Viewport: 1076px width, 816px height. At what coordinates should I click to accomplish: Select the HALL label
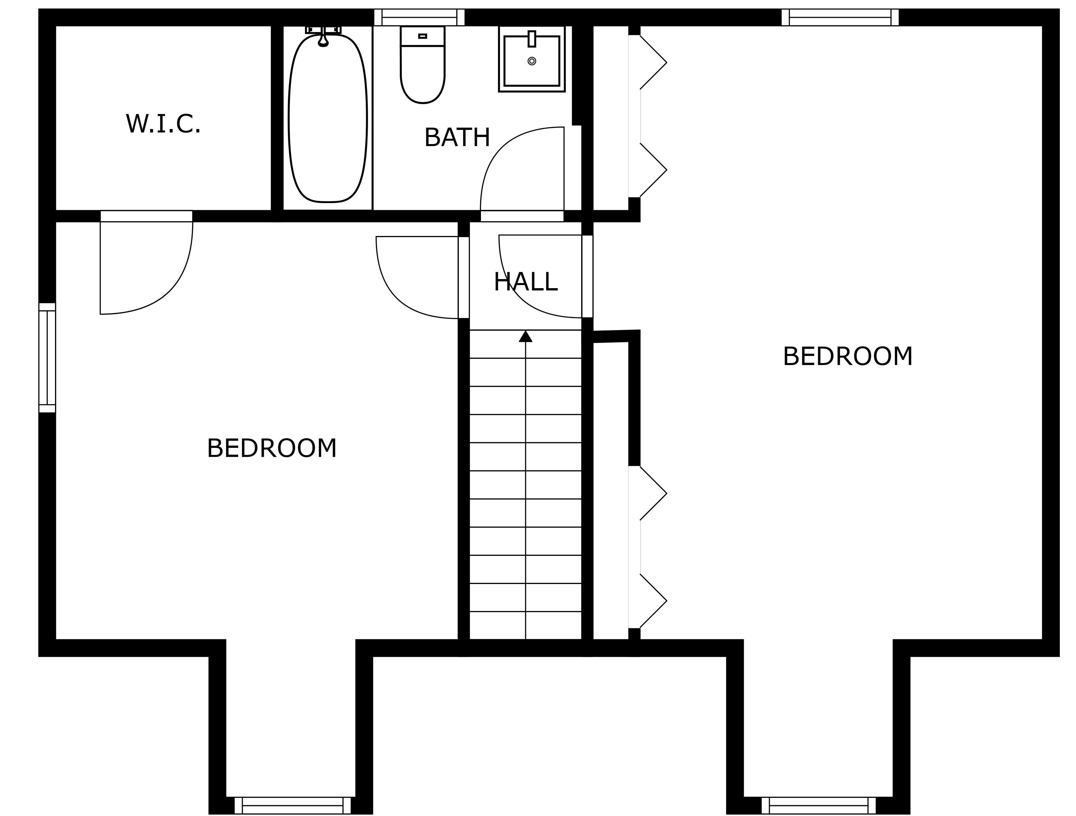click(x=525, y=282)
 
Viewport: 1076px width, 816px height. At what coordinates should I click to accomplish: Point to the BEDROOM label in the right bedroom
click(x=847, y=357)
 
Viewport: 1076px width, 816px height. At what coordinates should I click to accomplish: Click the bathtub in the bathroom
click(x=327, y=118)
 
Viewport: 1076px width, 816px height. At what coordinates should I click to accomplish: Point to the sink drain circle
click(x=532, y=61)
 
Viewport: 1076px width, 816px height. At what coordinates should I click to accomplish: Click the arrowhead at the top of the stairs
click(x=525, y=336)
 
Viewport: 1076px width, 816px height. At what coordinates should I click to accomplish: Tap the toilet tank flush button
click(x=423, y=36)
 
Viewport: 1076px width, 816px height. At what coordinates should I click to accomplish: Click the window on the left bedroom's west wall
click(x=47, y=358)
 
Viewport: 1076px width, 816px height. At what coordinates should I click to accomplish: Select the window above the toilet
click(x=419, y=18)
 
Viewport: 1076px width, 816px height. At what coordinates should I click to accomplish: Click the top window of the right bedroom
click(x=840, y=18)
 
